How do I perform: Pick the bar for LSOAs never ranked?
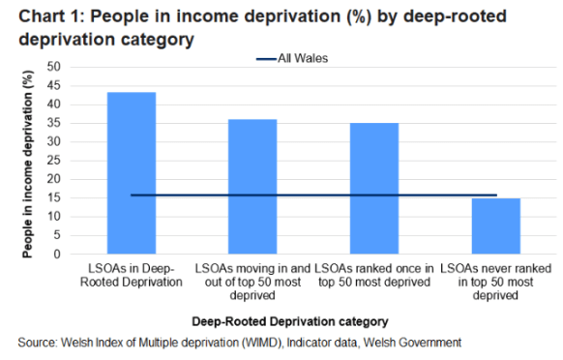pyautogui.click(x=495, y=226)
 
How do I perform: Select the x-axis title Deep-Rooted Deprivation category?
pyautogui.click(x=290, y=319)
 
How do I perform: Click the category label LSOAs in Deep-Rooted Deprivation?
pyautogui.click(x=132, y=274)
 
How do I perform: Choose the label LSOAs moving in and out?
pyautogui.click(x=252, y=274)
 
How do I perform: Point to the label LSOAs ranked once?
pyautogui.click(x=374, y=274)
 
